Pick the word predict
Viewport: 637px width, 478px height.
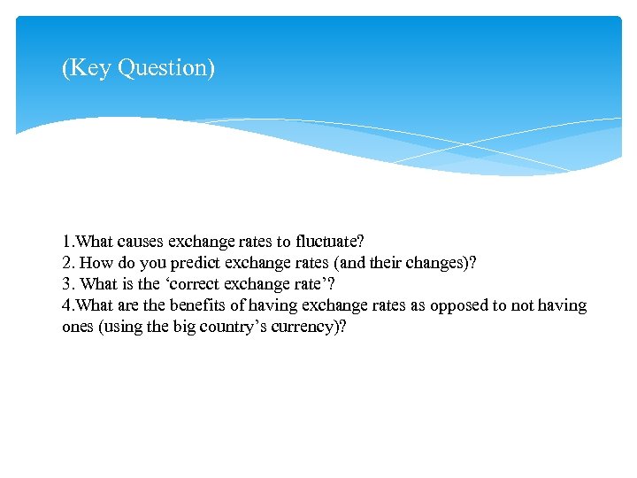click(194, 263)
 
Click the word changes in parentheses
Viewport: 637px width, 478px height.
click(430, 263)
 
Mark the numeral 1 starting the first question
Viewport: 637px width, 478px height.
click(66, 242)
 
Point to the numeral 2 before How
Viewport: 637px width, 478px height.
click(66, 263)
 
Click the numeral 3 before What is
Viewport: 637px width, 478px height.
click(66, 284)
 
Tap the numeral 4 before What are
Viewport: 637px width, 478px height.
click(66, 305)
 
